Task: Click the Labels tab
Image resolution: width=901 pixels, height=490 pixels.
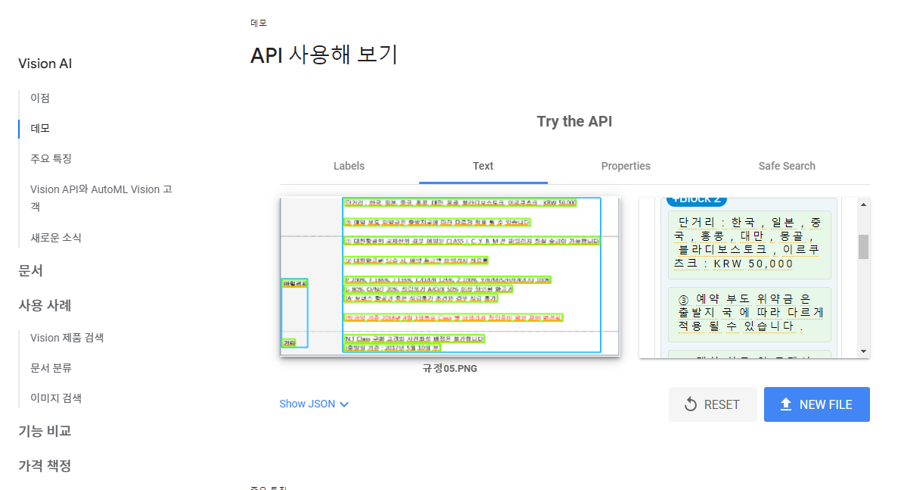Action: click(x=349, y=166)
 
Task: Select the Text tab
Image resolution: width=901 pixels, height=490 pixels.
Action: click(x=483, y=166)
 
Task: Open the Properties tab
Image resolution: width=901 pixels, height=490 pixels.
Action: click(x=626, y=166)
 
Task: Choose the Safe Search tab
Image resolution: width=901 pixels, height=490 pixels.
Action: click(x=787, y=166)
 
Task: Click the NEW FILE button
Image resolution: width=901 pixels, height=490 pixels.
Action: click(x=816, y=404)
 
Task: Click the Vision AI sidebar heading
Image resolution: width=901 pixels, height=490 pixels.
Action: click(x=45, y=64)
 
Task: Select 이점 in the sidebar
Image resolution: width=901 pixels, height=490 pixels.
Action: click(x=40, y=98)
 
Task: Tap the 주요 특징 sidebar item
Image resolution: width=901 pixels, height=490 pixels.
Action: click(x=51, y=158)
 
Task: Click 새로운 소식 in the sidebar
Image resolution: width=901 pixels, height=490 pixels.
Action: click(x=56, y=237)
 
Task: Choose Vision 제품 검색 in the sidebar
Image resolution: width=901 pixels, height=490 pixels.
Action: click(x=67, y=337)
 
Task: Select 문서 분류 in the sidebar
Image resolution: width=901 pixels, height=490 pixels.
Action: click(x=51, y=367)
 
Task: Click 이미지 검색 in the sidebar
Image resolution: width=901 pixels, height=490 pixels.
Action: click(x=56, y=398)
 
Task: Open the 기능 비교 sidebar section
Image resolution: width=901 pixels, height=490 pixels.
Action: click(x=45, y=431)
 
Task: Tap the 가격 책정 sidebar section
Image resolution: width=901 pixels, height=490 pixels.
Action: click(x=45, y=465)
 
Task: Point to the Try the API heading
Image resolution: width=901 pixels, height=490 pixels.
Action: click(x=574, y=121)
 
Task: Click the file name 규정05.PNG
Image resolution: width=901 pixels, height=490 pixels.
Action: click(x=450, y=369)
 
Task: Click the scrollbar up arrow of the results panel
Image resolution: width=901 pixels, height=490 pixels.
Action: click(x=863, y=204)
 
